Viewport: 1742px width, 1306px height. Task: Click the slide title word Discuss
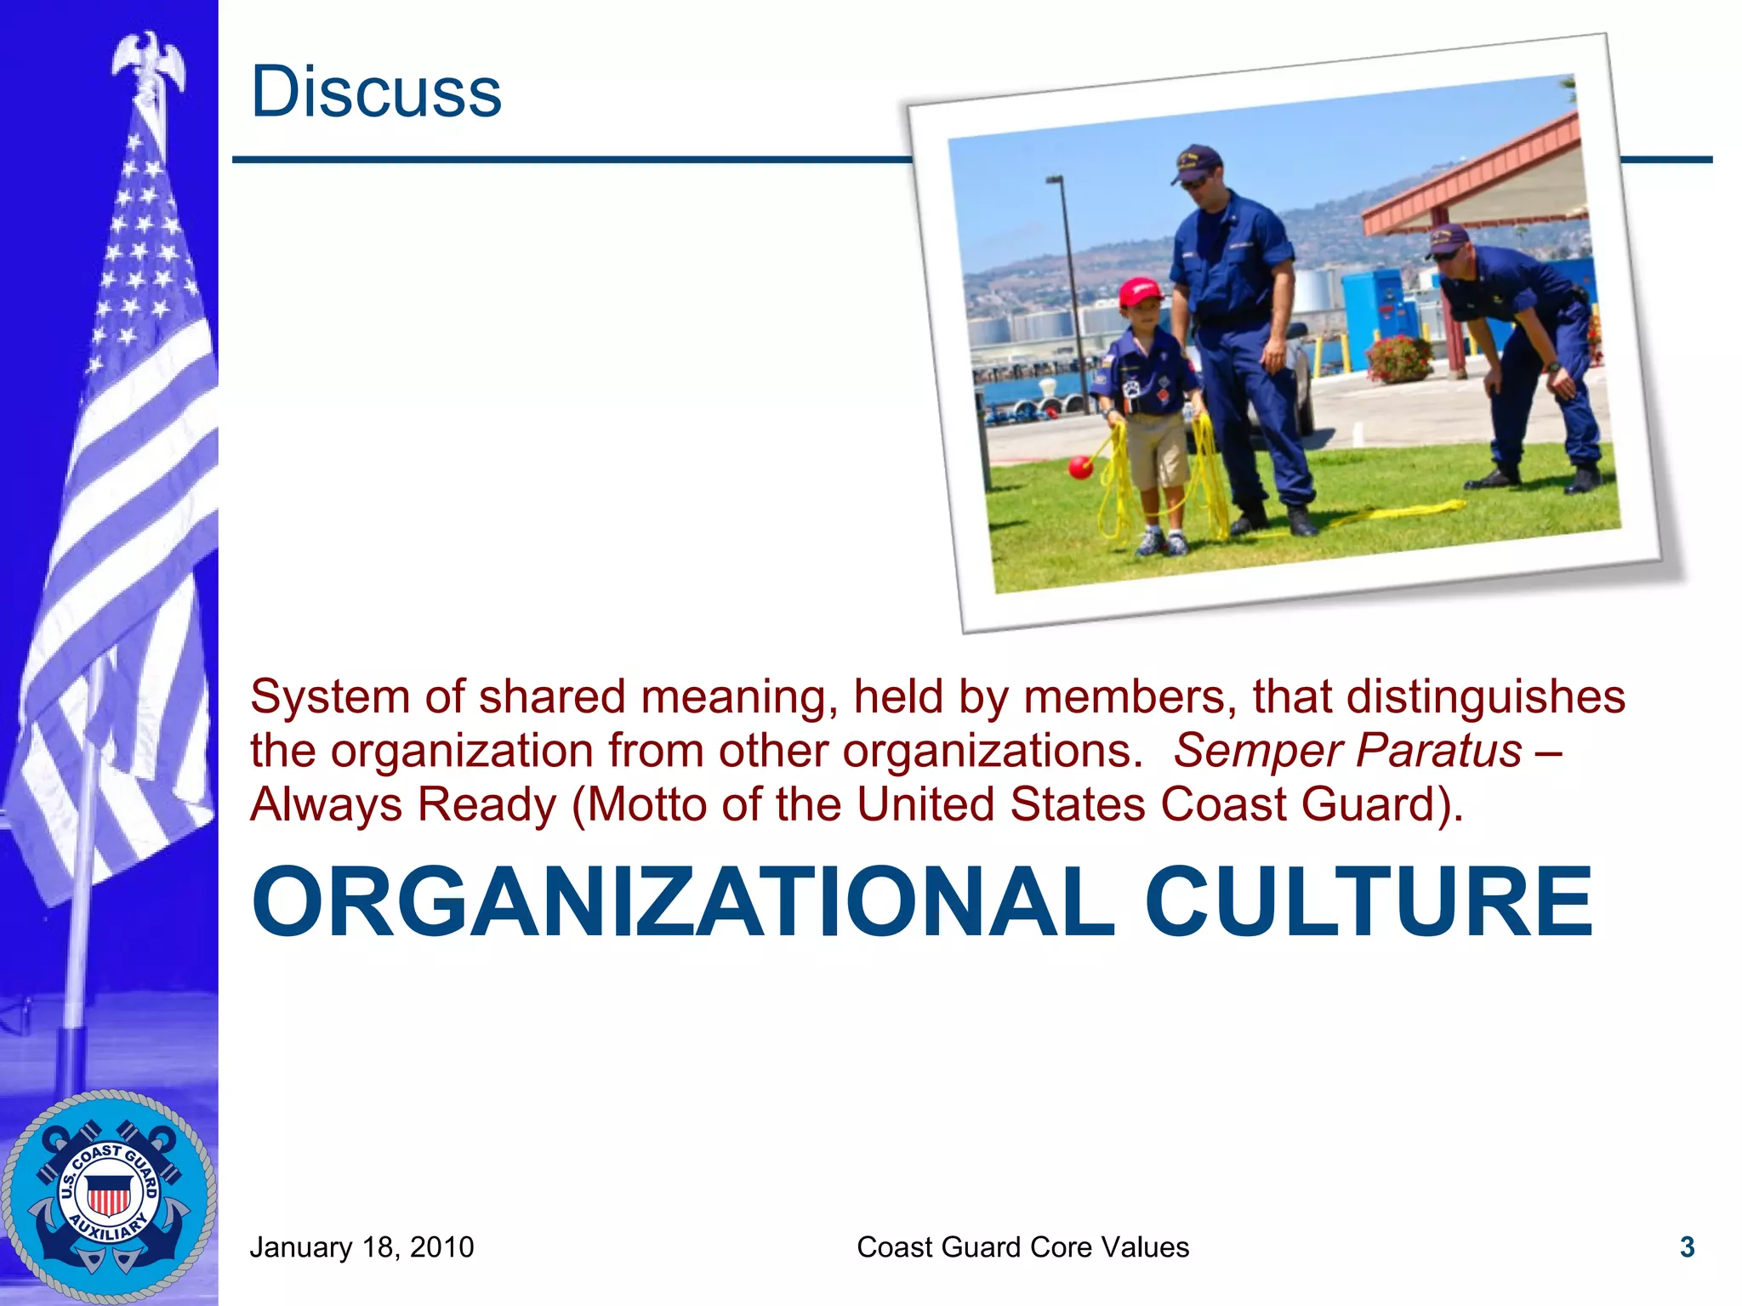(x=376, y=92)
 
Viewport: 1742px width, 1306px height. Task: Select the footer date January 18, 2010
(x=361, y=1247)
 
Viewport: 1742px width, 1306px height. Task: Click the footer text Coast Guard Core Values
(x=1022, y=1247)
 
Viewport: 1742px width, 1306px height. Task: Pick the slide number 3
(x=1688, y=1247)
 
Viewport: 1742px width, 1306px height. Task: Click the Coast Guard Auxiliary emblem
(x=109, y=1195)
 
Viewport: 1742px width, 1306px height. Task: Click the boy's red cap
(x=1140, y=292)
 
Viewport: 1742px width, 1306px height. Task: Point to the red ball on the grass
(x=1080, y=467)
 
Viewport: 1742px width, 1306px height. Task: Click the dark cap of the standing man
(x=1198, y=161)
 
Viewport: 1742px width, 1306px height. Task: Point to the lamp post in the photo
(x=1067, y=289)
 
